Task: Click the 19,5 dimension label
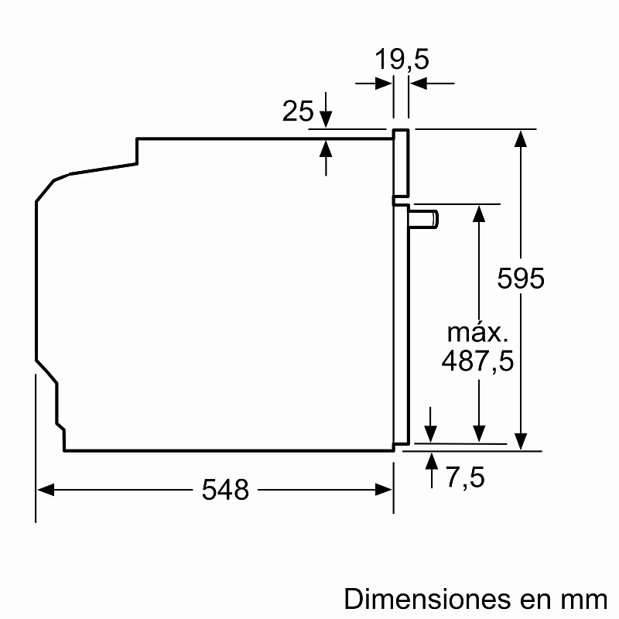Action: point(402,60)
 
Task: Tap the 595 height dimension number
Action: point(521,279)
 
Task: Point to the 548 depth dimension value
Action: point(226,489)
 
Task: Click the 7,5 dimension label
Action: point(464,478)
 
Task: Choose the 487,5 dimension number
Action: point(477,361)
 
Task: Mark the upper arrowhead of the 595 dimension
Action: point(522,139)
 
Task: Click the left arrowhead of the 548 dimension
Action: point(46,489)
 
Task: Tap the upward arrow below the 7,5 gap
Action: point(431,462)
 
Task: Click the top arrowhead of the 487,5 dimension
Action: point(480,213)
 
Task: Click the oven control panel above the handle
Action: point(401,162)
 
